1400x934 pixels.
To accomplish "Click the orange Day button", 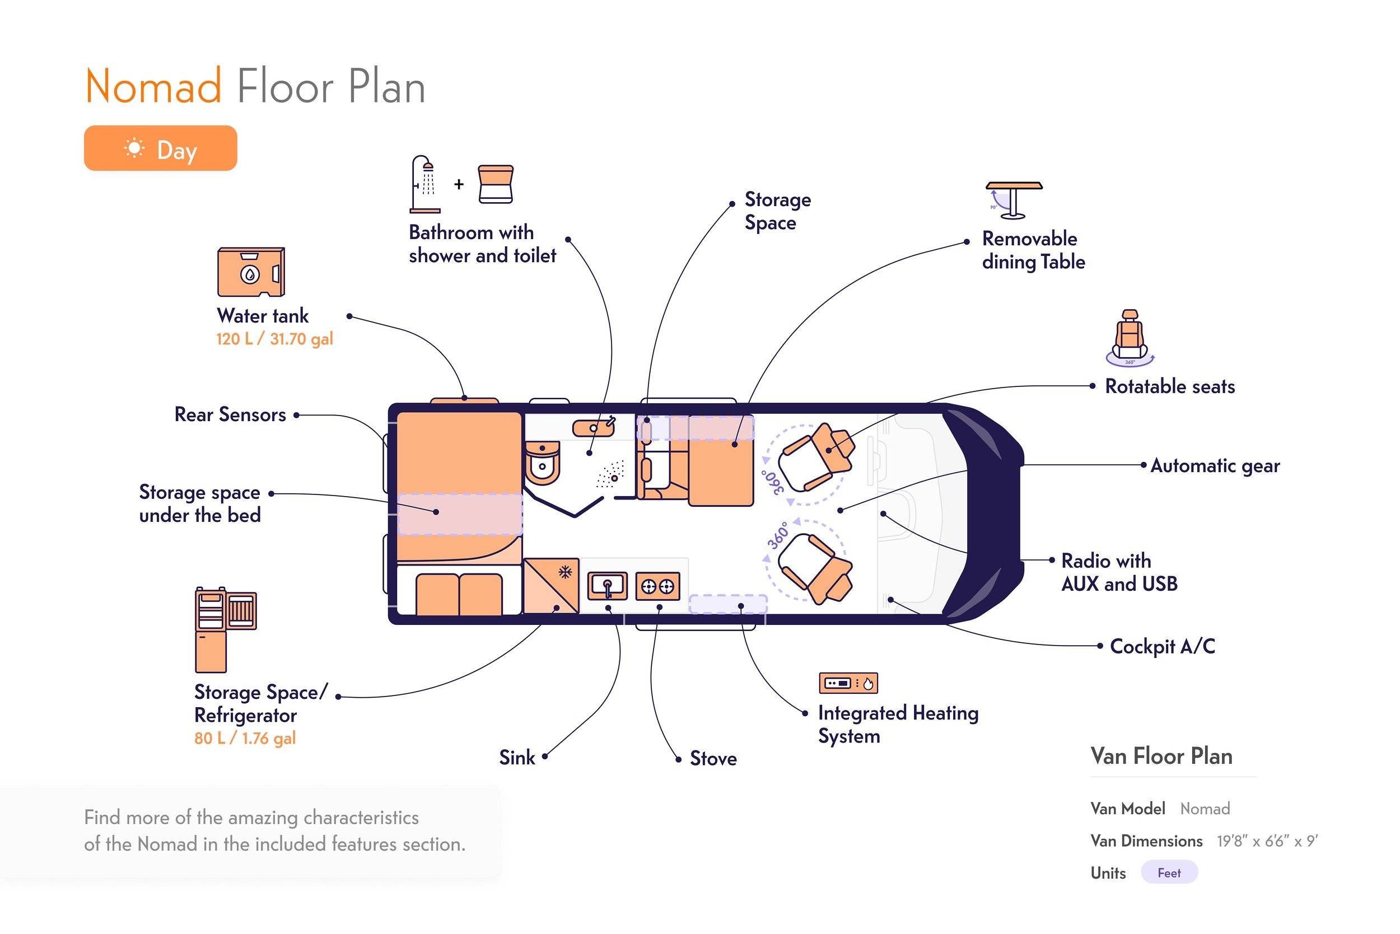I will (x=160, y=148).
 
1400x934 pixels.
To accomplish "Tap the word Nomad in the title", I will (x=153, y=87).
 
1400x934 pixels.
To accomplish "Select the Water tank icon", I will (x=251, y=272).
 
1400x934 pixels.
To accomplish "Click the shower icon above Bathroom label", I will (x=425, y=184).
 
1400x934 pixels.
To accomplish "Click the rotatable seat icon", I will (x=1130, y=337).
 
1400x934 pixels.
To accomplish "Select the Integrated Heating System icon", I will (x=848, y=683).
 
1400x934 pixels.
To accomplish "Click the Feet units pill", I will (x=1169, y=872).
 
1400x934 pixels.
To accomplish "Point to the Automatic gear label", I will (x=1215, y=465).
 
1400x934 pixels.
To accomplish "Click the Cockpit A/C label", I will (x=1163, y=646).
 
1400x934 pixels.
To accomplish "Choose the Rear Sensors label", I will (x=230, y=414).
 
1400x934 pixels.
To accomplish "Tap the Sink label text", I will (x=517, y=758).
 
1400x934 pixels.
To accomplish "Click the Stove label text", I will (x=713, y=758).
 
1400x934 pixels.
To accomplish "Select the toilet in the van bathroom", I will (x=542, y=463).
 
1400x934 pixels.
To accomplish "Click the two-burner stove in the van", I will (x=657, y=587).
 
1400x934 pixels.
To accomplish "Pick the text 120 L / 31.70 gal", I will (x=274, y=339).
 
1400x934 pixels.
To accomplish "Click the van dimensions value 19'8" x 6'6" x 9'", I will (x=1267, y=841).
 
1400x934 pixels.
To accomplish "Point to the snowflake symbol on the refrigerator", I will (x=565, y=572).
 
